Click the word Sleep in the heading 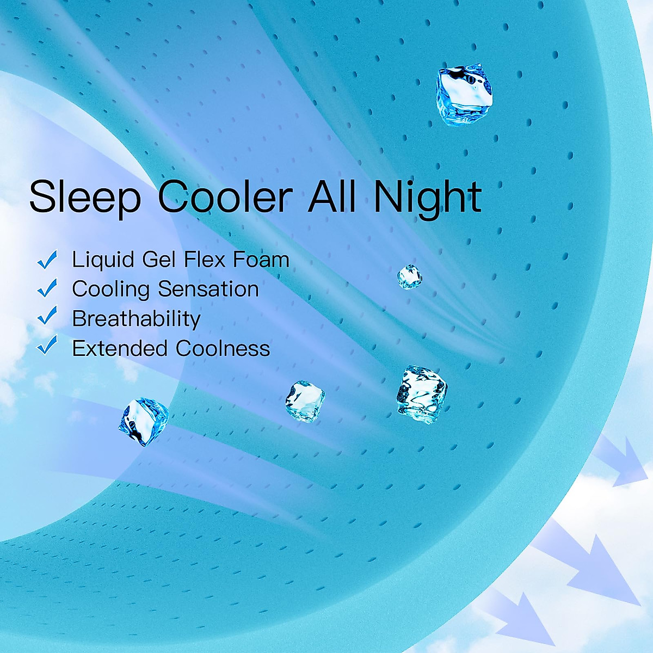(x=85, y=198)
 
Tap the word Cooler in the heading (x=225, y=197)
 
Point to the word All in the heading (x=332, y=196)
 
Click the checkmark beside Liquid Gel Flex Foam (x=47, y=260)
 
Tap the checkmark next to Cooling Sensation (x=47, y=288)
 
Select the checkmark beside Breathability (x=47, y=316)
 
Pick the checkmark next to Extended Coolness (x=47, y=345)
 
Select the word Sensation (x=208, y=289)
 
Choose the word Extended (x=120, y=348)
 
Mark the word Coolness (x=223, y=348)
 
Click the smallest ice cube (x=410, y=277)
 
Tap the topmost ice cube (x=464, y=95)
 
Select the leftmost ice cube (x=144, y=422)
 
